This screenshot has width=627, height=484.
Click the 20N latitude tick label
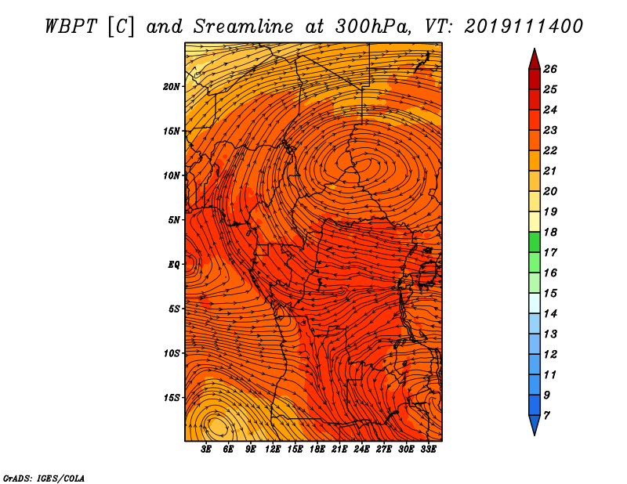coord(172,87)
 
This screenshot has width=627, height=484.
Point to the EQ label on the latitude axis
coord(174,265)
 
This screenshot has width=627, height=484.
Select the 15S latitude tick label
coord(172,398)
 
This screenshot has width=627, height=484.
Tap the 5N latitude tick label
coord(174,220)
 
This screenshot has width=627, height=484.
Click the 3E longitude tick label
coord(206,450)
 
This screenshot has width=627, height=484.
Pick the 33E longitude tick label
coord(428,450)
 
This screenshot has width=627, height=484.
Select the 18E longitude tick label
coord(317,450)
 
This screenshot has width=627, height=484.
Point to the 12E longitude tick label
coord(273,450)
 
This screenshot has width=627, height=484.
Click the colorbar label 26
coord(550,69)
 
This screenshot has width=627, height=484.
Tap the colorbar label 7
coord(546,416)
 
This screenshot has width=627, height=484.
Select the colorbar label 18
coord(550,232)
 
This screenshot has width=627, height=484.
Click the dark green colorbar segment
coord(535,242)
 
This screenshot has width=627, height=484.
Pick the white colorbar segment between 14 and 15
coord(535,303)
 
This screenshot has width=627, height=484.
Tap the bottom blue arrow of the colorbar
coord(535,424)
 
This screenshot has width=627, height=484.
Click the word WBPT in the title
coord(71,27)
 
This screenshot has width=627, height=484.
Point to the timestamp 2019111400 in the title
coord(524,27)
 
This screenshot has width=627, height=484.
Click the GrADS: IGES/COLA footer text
coord(44,479)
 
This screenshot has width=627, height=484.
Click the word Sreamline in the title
coord(244,27)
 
